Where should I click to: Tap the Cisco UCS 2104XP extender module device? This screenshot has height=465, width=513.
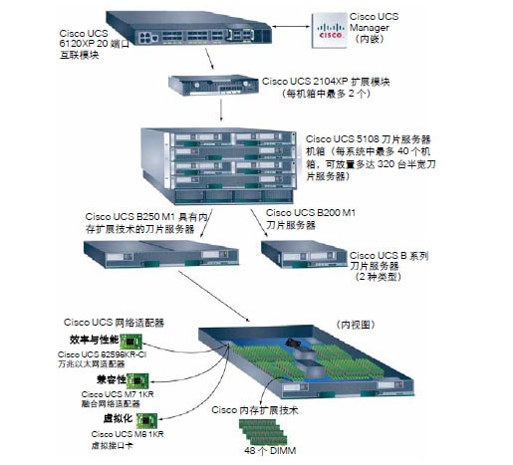tap(213, 85)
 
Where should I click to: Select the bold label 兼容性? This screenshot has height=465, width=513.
tap(109, 380)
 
